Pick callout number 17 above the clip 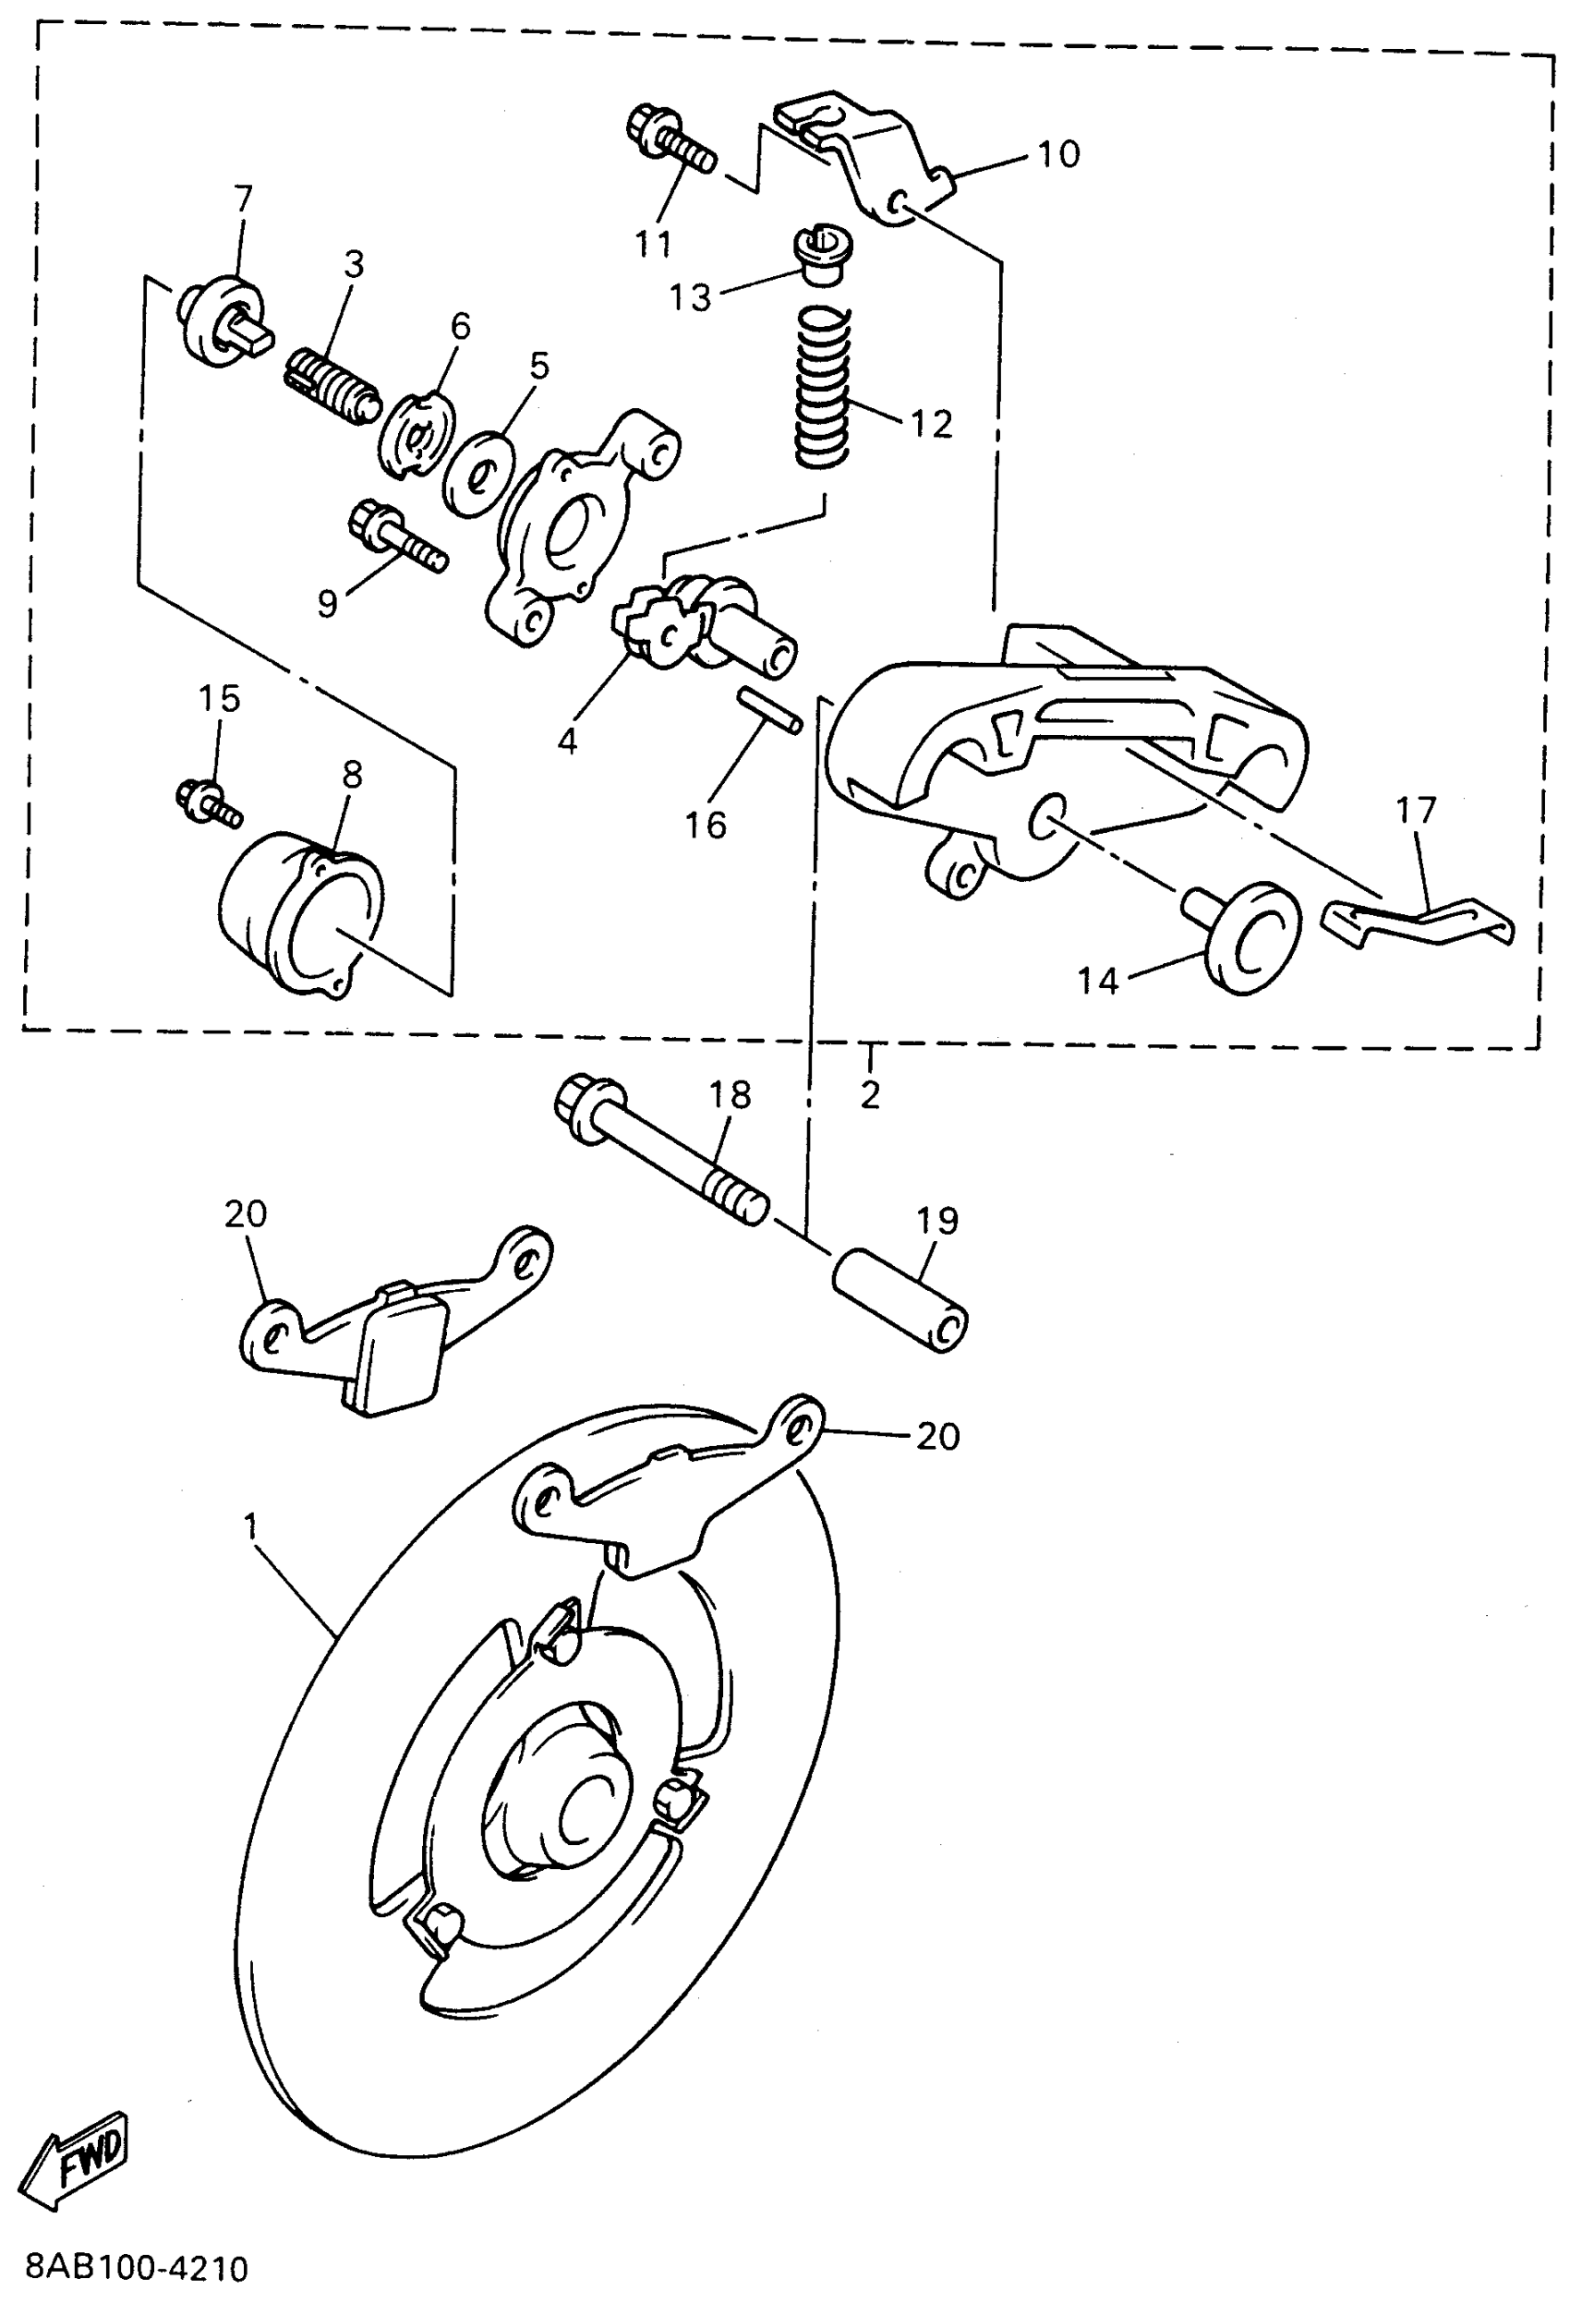click(1415, 812)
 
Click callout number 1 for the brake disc click(251, 1527)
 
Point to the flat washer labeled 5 click(479, 473)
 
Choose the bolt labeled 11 click(671, 144)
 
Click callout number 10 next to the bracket click(1058, 154)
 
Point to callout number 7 click(244, 199)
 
